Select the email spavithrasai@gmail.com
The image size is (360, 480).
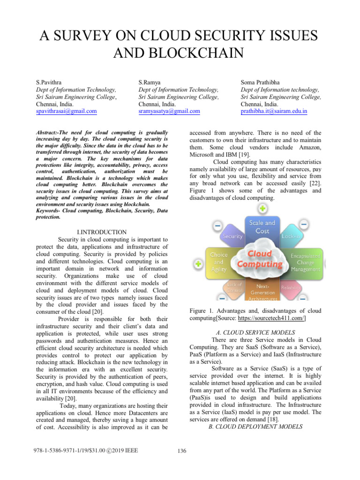(66, 112)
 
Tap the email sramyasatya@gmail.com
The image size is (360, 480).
(169, 112)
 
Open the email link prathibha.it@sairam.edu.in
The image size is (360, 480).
(274, 112)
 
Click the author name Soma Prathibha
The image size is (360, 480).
(260, 82)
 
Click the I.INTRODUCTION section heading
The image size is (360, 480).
(101, 232)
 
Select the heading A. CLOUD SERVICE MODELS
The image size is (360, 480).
(255, 332)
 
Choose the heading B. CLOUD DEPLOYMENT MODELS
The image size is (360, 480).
(255, 427)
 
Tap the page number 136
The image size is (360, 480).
(182, 451)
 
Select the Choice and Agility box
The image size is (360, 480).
(218, 262)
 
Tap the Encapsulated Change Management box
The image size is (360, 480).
(305, 263)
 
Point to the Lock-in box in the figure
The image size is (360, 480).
(291, 237)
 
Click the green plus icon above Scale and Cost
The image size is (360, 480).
(263, 208)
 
